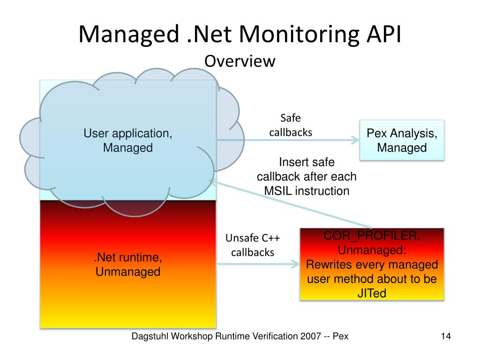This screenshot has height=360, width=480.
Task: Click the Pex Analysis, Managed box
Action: [x=402, y=141]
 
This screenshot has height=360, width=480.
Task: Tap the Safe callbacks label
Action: [x=290, y=125]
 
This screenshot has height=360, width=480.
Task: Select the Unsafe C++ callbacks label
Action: [x=253, y=245]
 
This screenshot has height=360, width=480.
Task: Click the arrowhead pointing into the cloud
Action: [x=213, y=182]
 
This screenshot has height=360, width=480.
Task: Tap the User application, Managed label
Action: [x=128, y=141]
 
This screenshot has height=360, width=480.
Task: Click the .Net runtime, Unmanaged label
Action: [x=128, y=264]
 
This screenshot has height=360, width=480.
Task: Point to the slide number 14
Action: [x=445, y=336]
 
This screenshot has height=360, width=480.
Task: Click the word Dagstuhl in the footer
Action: [x=150, y=336]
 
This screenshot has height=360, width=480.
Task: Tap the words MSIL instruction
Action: [x=307, y=191]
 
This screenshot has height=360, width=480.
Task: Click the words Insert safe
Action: [x=307, y=163]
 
